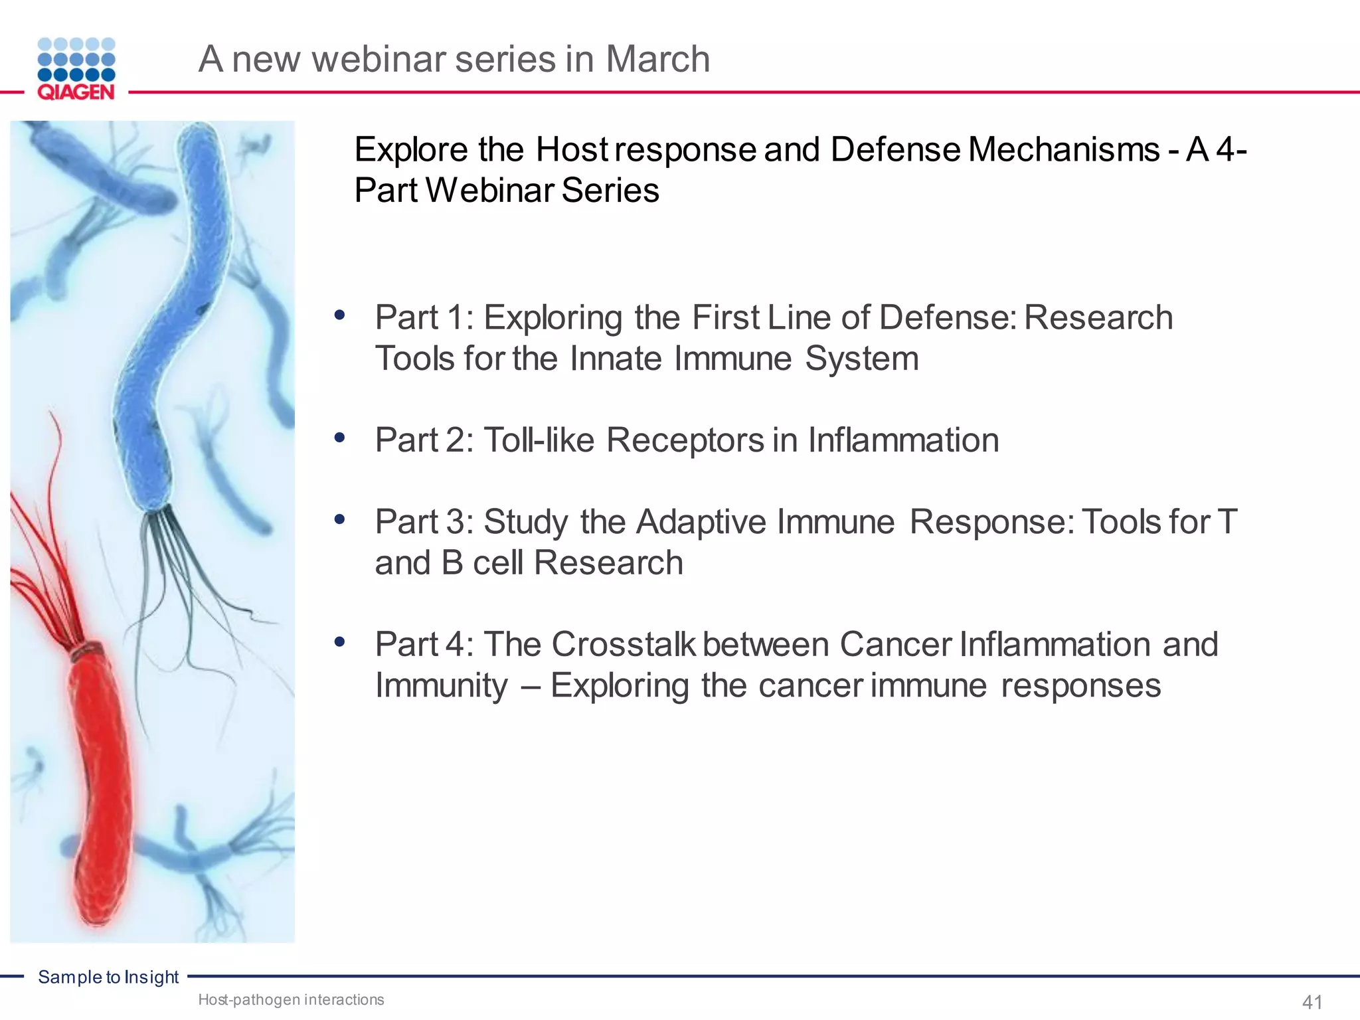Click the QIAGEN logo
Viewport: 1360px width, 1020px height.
(x=76, y=69)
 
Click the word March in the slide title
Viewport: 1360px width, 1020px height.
(x=657, y=59)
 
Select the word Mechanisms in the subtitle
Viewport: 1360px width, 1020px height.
(x=1063, y=149)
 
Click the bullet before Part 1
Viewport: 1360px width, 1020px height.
(x=340, y=315)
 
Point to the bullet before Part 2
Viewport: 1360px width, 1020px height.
(x=340, y=438)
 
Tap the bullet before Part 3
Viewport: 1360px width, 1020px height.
(x=340, y=519)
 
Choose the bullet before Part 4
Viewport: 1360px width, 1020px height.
(x=340, y=642)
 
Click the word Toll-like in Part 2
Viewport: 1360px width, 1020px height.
(x=539, y=440)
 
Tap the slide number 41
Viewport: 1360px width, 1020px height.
(x=1312, y=1001)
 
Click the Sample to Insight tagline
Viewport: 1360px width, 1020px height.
(x=108, y=977)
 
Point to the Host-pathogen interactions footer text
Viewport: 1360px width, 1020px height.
(x=291, y=999)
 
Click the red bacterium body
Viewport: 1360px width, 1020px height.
(x=100, y=784)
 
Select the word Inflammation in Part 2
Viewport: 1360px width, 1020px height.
(x=903, y=440)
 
